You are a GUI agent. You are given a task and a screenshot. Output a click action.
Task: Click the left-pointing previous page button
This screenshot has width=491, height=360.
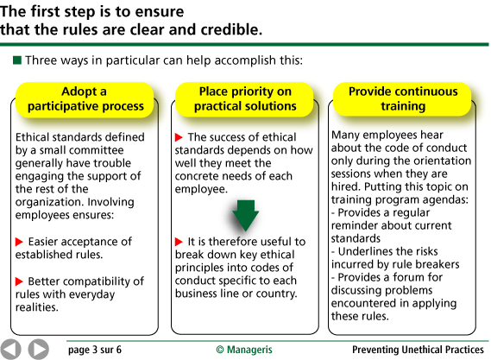point(10,349)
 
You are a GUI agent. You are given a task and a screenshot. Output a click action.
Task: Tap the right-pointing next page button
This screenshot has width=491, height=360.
point(39,349)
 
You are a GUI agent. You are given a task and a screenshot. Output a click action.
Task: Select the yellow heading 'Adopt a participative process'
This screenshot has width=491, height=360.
point(85,99)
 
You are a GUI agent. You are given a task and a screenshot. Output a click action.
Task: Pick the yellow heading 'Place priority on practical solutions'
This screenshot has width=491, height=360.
point(245,99)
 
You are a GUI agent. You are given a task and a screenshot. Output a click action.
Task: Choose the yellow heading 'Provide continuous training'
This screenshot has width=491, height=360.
point(403,99)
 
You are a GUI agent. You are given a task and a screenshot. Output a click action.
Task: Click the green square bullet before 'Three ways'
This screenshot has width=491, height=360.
point(17,60)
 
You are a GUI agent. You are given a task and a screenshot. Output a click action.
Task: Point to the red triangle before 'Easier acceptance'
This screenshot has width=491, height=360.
point(19,242)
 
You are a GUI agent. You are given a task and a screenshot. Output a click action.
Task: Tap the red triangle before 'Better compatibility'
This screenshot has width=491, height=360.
point(19,281)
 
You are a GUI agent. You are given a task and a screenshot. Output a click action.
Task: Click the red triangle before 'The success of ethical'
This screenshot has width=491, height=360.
point(179,137)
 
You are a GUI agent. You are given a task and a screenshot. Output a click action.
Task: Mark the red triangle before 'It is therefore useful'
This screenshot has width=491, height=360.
point(179,242)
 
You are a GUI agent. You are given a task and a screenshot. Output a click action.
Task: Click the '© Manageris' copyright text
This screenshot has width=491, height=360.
point(244,350)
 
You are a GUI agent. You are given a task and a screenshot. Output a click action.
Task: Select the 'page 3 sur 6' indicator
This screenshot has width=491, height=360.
point(95,350)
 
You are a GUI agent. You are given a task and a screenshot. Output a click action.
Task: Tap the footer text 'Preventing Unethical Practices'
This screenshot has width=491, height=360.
point(418,350)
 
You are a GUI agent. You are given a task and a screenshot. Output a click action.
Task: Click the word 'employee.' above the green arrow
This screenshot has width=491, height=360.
point(201,189)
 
